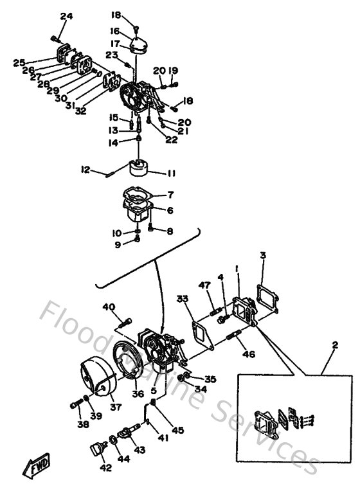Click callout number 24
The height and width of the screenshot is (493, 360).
[x=66, y=16]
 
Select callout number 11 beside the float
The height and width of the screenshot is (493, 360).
[x=171, y=173]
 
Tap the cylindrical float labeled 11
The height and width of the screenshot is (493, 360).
[x=139, y=168]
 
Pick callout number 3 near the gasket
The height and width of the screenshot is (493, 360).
[x=262, y=256]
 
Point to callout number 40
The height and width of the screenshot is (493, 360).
[x=109, y=307]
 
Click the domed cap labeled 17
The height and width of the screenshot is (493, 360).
[x=137, y=45]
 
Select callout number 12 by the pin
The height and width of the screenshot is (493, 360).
[x=85, y=170]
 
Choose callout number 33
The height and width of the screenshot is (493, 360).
[x=183, y=298]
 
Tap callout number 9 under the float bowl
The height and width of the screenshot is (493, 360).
[x=117, y=244]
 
